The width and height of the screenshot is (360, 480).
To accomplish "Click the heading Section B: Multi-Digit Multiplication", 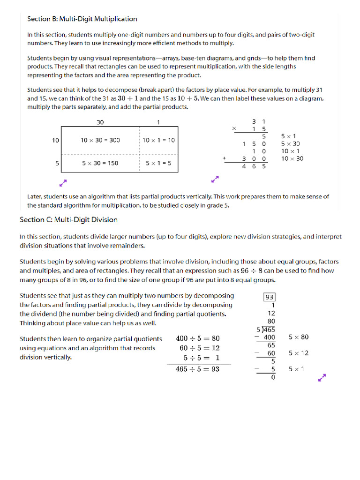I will tap(82, 19).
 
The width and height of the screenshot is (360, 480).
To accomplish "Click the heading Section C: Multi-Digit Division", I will tap(68, 220).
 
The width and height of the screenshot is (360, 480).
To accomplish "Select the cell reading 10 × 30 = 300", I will tap(100, 140).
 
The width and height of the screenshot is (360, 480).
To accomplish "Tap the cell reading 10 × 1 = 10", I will tap(158, 140).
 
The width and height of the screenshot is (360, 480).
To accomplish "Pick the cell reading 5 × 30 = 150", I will tap(100, 164).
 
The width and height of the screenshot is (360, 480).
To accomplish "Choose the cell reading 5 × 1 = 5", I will tap(158, 164).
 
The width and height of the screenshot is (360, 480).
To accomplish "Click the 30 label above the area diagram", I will tap(100, 122).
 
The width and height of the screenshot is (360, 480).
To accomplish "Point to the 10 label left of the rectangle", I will tap(55, 140).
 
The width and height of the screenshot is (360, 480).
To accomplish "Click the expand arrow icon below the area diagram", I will tap(64, 181).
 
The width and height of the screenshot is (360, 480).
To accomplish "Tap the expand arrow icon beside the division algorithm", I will tap(322, 378).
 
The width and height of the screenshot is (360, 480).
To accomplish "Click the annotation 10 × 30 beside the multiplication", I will tap(292, 159).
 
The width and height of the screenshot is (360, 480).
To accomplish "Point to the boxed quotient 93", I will tap(270, 297).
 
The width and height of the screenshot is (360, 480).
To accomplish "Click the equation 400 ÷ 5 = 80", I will tap(197, 338).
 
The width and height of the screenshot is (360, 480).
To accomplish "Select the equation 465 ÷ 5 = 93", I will tap(197, 369).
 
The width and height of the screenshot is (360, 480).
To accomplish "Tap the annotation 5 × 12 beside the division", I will tap(299, 353).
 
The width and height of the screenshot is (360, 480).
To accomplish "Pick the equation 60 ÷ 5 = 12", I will tap(200, 348).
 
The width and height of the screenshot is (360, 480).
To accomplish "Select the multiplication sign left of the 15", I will tap(234, 128).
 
